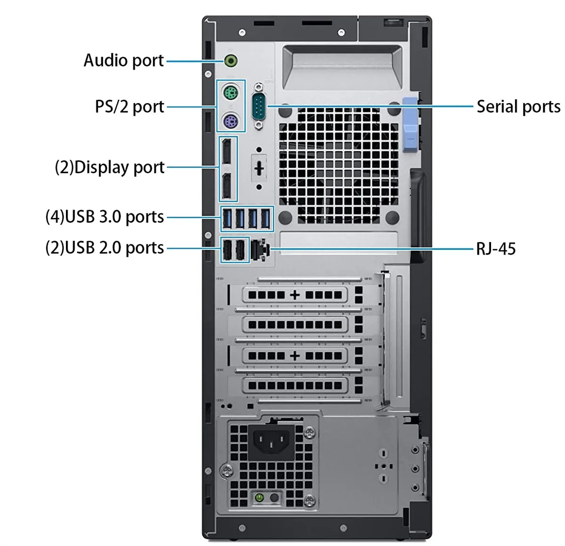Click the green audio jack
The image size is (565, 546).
[231, 61]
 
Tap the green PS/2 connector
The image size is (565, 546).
[231, 93]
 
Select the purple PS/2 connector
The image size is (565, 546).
[231, 121]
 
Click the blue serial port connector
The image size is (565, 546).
[259, 105]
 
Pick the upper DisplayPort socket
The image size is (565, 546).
[226, 152]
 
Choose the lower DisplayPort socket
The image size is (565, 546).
[226, 186]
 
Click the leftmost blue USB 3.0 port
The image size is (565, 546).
[227, 218]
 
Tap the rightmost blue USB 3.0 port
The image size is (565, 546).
[266, 218]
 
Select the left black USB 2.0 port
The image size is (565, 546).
[227, 249]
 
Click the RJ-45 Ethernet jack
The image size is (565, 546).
[260, 249]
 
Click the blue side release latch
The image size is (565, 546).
[410, 125]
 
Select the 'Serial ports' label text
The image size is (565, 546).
[518, 106]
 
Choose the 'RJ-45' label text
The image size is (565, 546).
[496, 249]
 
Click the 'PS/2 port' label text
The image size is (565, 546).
[129, 107]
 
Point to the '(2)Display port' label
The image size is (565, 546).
[110, 168]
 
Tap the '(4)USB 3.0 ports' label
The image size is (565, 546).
[105, 217]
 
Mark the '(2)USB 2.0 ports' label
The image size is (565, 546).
[105, 248]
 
